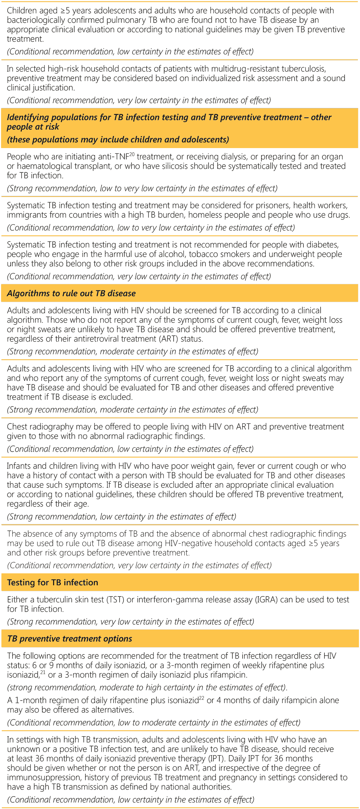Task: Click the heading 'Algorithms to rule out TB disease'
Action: [71, 293]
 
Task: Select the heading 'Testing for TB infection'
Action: [53, 582]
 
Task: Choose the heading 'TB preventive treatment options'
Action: [70, 639]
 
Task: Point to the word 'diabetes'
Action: [323, 245]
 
